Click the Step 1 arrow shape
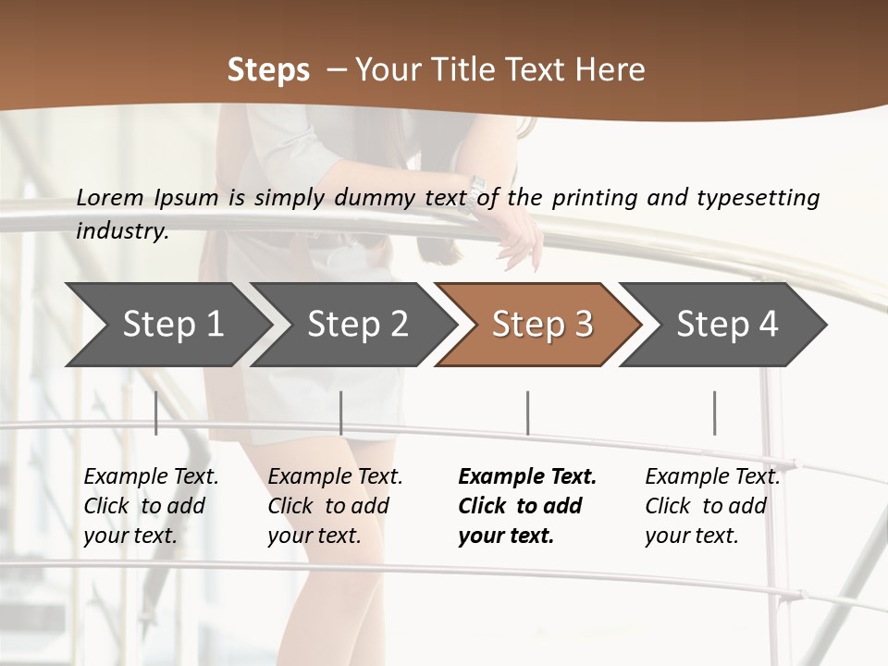166,325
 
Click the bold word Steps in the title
268,69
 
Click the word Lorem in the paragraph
110,197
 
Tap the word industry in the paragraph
121,231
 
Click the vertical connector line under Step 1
155,413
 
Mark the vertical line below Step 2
341,413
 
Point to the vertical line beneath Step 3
527,413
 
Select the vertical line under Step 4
714,413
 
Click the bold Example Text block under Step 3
526,506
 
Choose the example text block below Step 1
151,506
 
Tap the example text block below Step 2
335,506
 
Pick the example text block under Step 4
712,506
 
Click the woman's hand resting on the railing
520,238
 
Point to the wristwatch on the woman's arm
475,191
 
